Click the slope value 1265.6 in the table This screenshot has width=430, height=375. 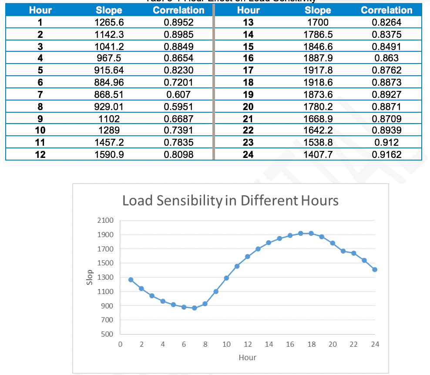(109, 22)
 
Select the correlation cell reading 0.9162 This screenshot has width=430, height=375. (387, 154)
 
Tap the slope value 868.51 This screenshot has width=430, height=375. (109, 94)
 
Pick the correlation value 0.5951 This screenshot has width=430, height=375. (178, 106)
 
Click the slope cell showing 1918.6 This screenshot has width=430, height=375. (317, 82)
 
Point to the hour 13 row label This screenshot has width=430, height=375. (248, 22)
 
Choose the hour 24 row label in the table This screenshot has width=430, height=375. (248, 154)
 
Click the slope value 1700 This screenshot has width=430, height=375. (317, 22)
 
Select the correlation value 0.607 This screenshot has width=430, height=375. (178, 94)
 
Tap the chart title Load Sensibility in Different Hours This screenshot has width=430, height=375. (230, 201)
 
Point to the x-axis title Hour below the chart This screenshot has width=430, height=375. (247, 358)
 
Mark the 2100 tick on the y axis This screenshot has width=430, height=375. (105, 221)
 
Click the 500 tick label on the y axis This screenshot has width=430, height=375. (107, 334)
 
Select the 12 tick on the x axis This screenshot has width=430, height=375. (247, 344)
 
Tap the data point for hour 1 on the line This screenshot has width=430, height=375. (131, 280)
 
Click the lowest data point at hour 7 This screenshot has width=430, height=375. (195, 308)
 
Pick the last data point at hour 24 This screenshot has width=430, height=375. (375, 270)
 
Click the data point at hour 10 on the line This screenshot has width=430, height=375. (226, 278)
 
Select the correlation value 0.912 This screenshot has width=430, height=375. (387, 142)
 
